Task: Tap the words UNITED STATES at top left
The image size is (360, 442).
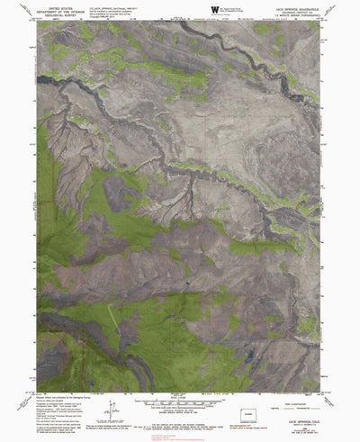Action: tap(60, 5)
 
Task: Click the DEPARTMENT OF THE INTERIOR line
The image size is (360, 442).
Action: tap(60, 10)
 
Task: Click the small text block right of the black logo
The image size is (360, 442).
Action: tap(237, 9)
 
